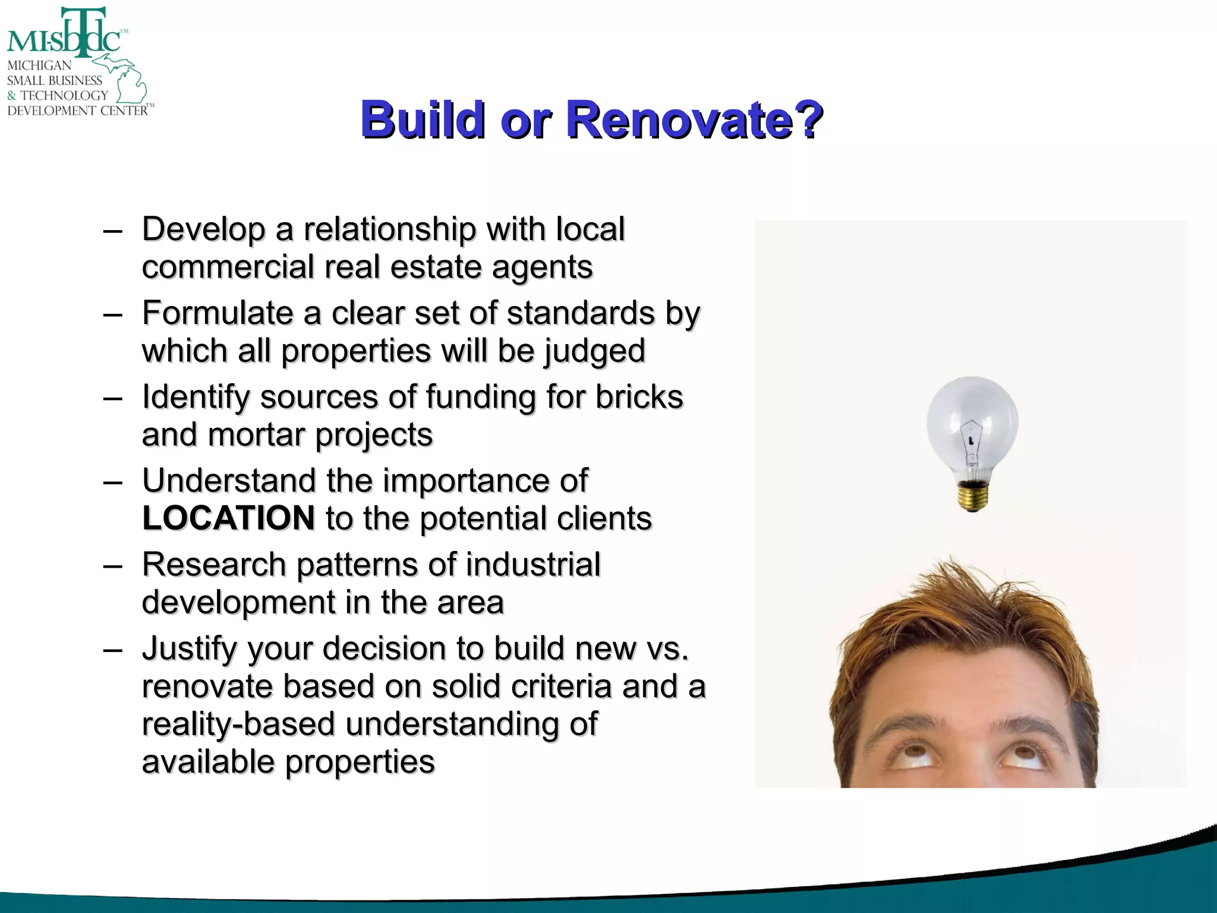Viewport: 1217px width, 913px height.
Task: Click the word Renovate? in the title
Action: click(694, 120)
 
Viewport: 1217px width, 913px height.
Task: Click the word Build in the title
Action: click(423, 120)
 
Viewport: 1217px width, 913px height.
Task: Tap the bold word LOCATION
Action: click(229, 518)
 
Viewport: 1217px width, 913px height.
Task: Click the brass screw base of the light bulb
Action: click(973, 497)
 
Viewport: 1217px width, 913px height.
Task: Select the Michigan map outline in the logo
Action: click(128, 80)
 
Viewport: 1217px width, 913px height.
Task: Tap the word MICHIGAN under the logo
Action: click(39, 65)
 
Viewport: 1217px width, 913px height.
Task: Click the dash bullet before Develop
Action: click(112, 231)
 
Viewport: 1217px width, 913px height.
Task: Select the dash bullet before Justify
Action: click(112, 650)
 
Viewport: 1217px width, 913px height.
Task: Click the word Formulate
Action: click(217, 313)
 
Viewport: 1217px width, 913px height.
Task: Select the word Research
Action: click(214, 565)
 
